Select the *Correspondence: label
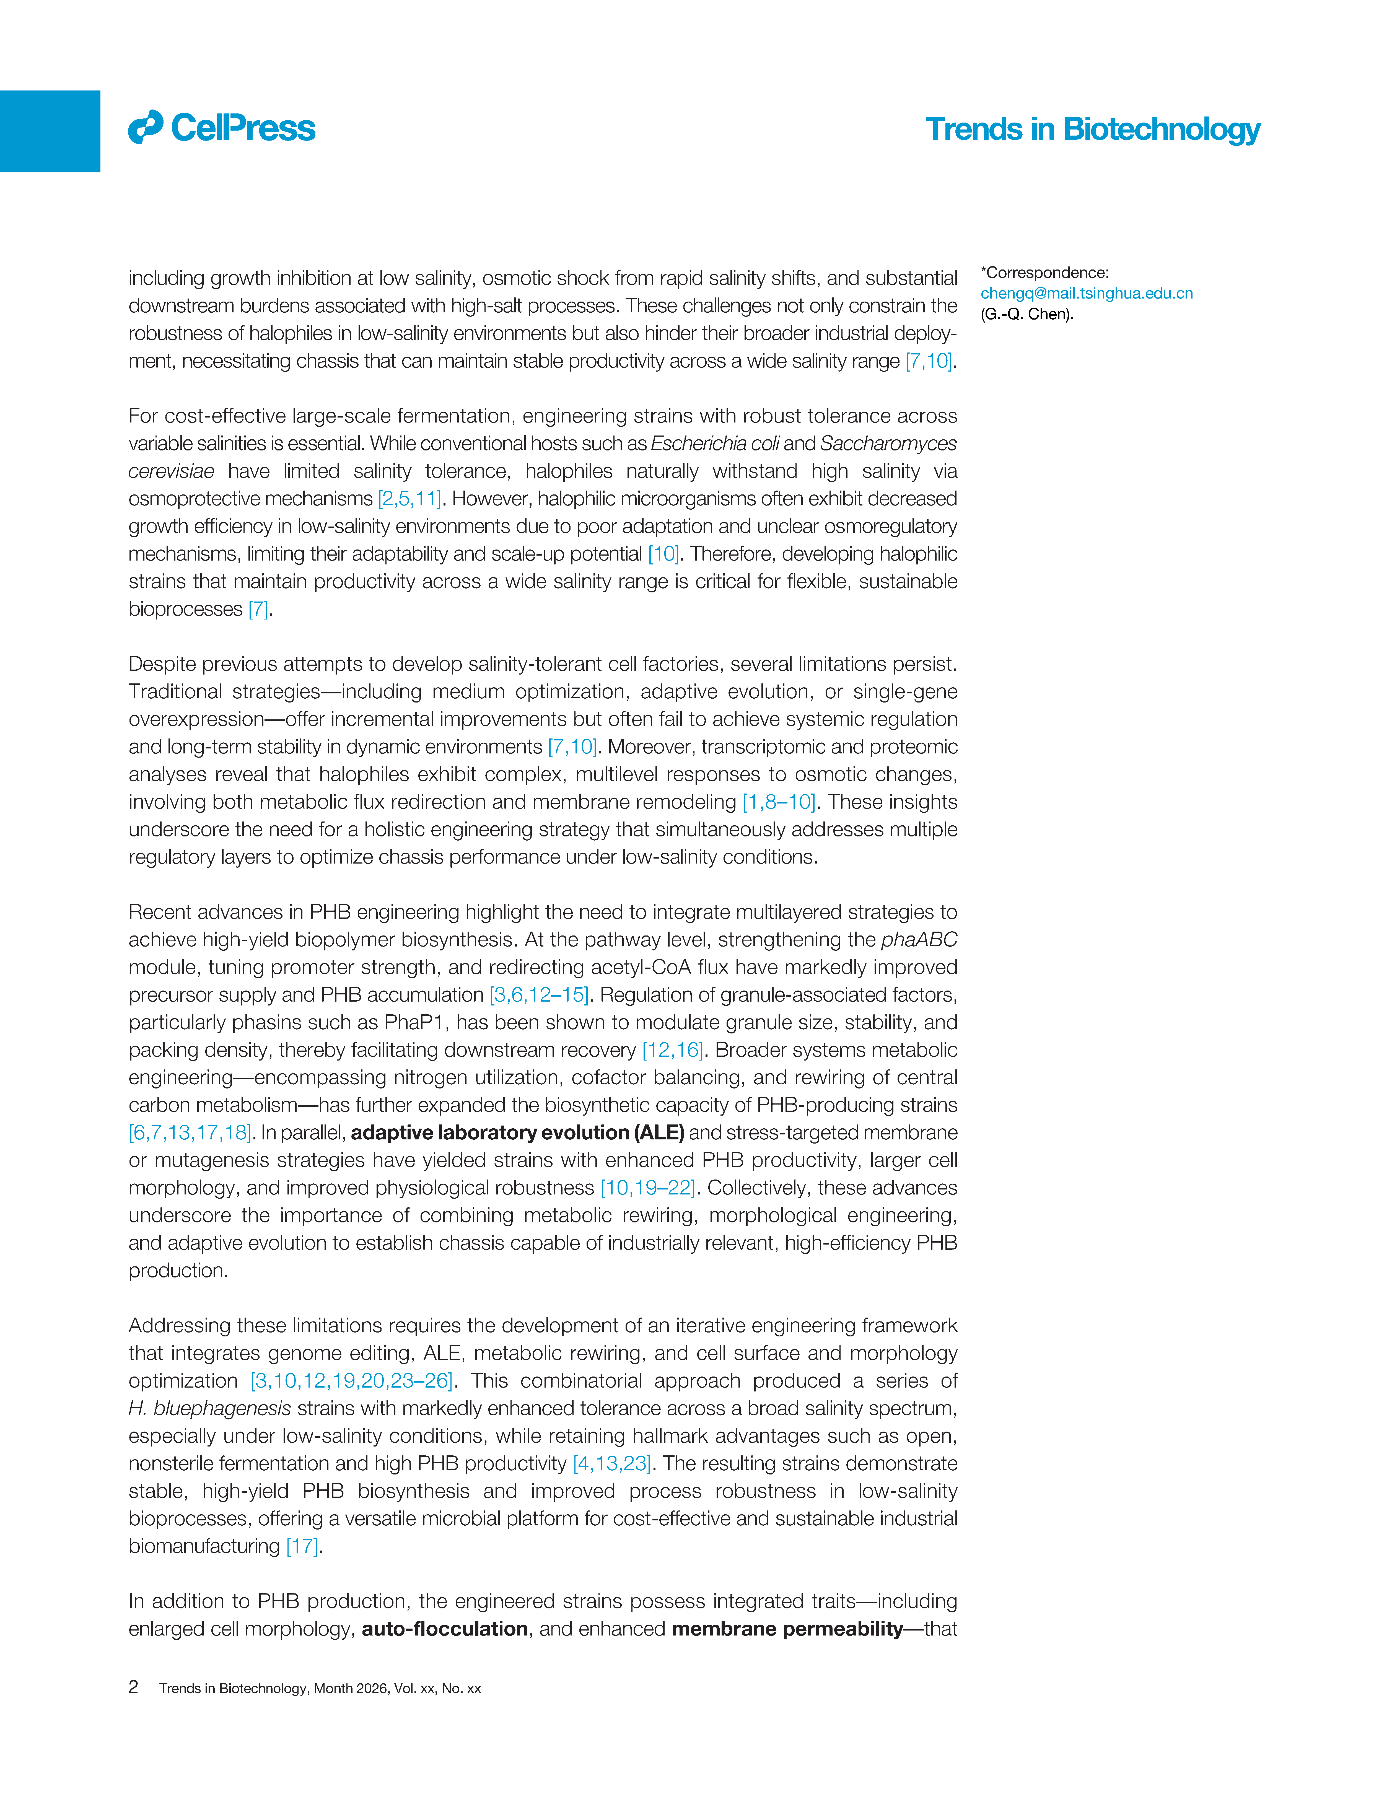click(1044, 273)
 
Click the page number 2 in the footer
click(133, 1687)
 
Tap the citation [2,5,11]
click(409, 499)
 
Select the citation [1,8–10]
click(778, 802)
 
